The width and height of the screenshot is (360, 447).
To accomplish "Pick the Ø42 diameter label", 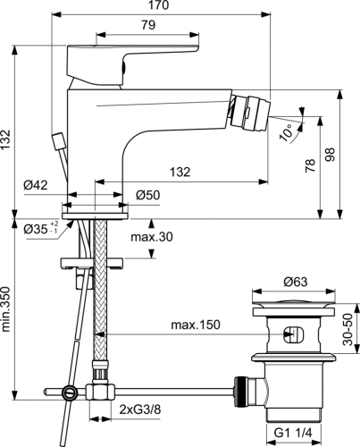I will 61,184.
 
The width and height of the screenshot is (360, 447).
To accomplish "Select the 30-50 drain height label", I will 352,330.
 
